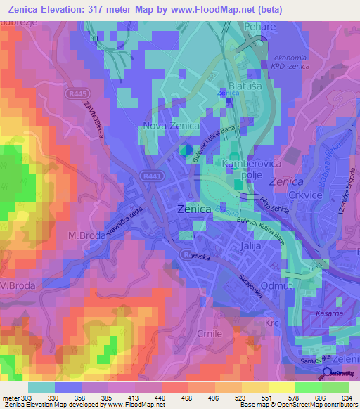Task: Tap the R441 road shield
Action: [x=150, y=176]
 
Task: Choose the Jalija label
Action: [x=250, y=247]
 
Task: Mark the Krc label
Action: [x=273, y=323]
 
